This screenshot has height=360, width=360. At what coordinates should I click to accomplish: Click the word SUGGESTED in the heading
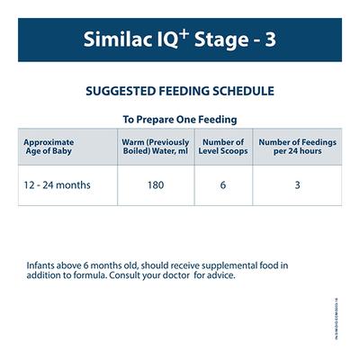click(122, 91)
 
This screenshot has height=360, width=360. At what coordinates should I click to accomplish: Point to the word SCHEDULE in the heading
click(241, 91)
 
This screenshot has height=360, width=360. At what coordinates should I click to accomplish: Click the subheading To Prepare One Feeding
click(180, 119)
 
